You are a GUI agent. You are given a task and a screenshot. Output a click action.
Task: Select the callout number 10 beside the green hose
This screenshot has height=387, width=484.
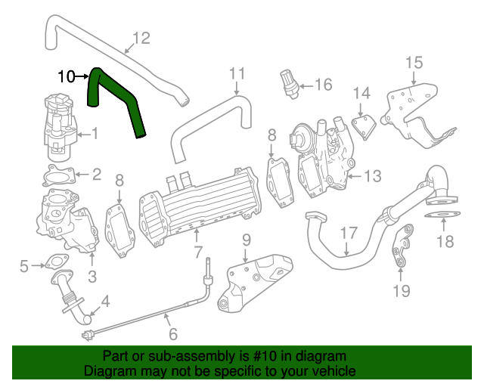(x=67, y=76)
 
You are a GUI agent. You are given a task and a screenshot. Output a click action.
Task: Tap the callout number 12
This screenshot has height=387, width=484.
(x=141, y=38)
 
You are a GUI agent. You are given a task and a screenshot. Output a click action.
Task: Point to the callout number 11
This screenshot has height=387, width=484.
(x=237, y=73)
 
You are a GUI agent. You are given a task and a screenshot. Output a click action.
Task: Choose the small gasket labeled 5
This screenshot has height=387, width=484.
(x=52, y=265)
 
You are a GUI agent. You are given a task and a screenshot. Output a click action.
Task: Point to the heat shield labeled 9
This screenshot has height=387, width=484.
(x=253, y=283)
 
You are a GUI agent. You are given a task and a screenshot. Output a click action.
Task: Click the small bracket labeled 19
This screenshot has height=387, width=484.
(x=402, y=246)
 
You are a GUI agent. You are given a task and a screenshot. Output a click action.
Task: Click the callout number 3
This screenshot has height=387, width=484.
(x=92, y=277)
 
